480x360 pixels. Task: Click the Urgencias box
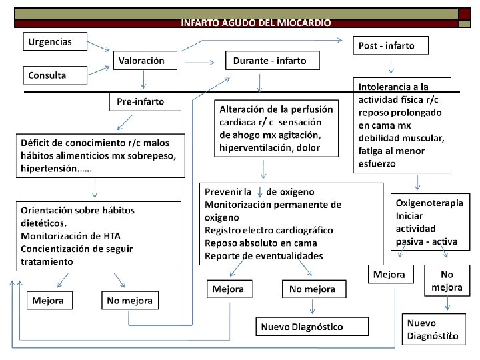(57, 41)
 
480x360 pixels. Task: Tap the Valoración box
(145, 60)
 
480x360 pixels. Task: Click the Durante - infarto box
(272, 60)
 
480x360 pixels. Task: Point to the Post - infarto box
(390, 45)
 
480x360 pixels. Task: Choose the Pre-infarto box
(146, 102)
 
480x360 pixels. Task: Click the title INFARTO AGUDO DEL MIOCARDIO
(255, 23)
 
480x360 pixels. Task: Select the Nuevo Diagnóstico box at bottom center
(312, 326)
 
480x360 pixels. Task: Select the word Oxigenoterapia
(429, 203)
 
